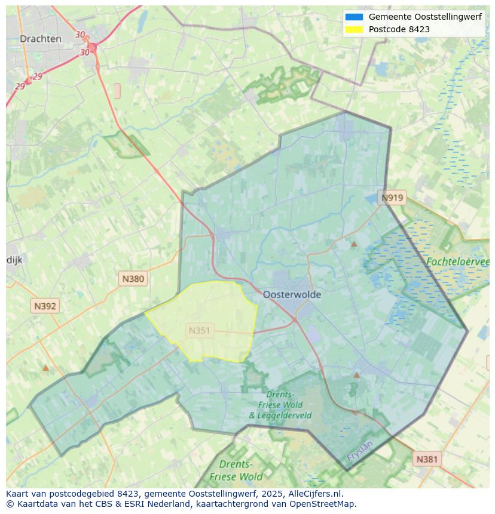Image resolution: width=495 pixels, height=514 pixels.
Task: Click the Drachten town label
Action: tap(40, 39)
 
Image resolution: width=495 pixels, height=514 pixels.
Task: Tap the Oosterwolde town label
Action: tap(292, 294)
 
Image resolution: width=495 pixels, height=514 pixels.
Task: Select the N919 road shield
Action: tap(393, 198)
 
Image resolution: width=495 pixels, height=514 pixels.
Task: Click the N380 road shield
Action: tap(133, 278)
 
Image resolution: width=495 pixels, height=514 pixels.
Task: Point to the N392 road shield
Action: tap(45, 306)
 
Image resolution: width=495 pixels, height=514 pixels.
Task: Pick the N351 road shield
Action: tap(199, 330)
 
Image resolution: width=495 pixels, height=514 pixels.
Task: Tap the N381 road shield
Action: tap(427, 459)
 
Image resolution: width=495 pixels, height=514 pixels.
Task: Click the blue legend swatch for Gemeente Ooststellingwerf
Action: tap(354, 17)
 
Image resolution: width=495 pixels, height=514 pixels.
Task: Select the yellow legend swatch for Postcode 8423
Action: tap(354, 29)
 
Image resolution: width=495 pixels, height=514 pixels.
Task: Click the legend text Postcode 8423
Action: tap(399, 29)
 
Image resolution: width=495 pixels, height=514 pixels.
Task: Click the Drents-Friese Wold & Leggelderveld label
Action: tap(280, 405)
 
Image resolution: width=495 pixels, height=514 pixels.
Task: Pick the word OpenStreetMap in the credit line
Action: tap(323, 503)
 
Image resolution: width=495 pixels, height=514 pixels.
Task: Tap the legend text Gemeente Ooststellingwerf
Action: tap(425, 17)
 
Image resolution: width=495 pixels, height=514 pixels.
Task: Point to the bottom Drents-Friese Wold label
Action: tap(236, 470)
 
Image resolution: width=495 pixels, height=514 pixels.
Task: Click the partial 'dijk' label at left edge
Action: tap(14, 260)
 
